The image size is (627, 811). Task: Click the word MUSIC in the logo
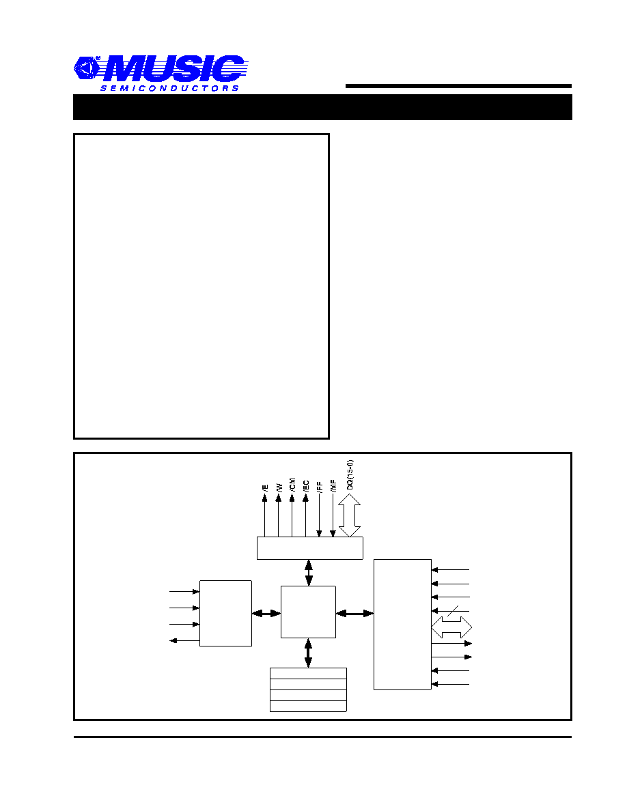pos(173,69)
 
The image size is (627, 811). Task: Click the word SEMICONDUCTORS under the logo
pos(169,89)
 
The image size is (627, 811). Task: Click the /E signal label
pos(266,487)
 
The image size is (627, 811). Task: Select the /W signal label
pos(279,487)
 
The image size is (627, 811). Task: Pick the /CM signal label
pos(292,485)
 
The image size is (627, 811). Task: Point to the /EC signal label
pos(306,485)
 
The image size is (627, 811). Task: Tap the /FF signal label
pos(320,486)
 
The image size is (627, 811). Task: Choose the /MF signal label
pos(333,485)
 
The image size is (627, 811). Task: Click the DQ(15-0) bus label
pos(350,475)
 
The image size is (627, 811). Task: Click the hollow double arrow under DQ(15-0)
pos(350,515)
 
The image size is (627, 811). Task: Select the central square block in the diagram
pos(308,612)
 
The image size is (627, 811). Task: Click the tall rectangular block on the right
pos(402,624)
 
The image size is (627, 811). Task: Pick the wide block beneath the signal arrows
pos(310,548)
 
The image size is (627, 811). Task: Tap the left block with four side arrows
pos(225,613)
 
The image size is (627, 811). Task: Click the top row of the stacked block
pos(308,673)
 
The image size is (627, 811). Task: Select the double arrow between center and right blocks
pos(355,614)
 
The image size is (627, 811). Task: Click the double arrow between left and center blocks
pos(266,614)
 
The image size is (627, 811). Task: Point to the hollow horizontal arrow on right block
pos(451,627)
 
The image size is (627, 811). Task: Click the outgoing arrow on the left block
pos(184,641)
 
